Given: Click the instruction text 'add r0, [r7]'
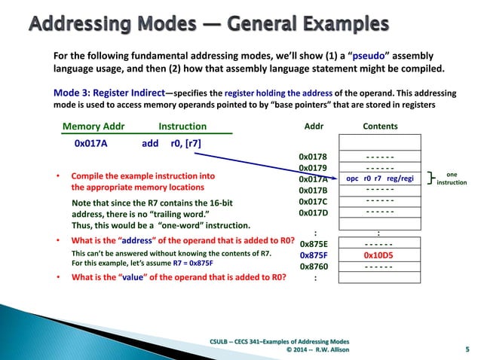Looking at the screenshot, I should click(x=171, y=142).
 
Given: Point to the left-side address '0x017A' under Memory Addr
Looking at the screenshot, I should click(x=93, y=142).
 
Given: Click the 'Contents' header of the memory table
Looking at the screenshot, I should click(x=380, y=127).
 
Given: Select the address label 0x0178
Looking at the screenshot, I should click(x=314, y=157).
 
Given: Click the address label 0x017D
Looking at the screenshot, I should click(x=314, y=213).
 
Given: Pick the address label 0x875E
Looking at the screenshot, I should click(x=314, y=244).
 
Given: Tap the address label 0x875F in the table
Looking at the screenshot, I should click(x=314, y=255).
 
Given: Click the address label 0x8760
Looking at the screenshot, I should click(x=314, y=267).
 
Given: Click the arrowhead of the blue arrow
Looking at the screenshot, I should click(x=335, y=178).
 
